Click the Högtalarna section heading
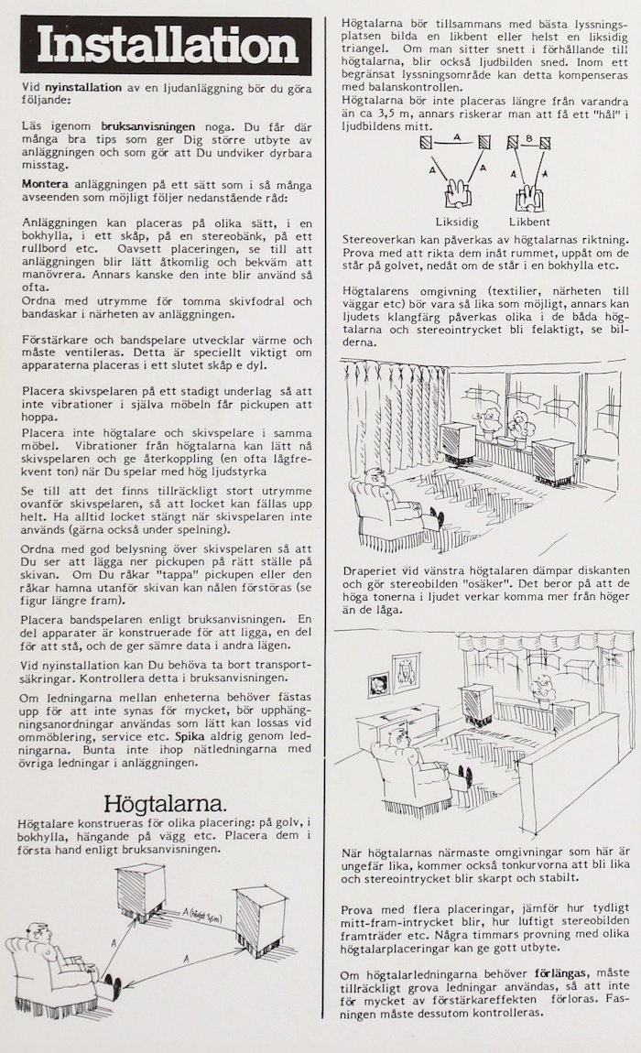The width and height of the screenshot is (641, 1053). [x=165, y=805]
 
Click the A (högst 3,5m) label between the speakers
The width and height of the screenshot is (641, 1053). [x=196, y=912]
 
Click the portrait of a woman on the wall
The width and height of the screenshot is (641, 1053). [x=406, y=671]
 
